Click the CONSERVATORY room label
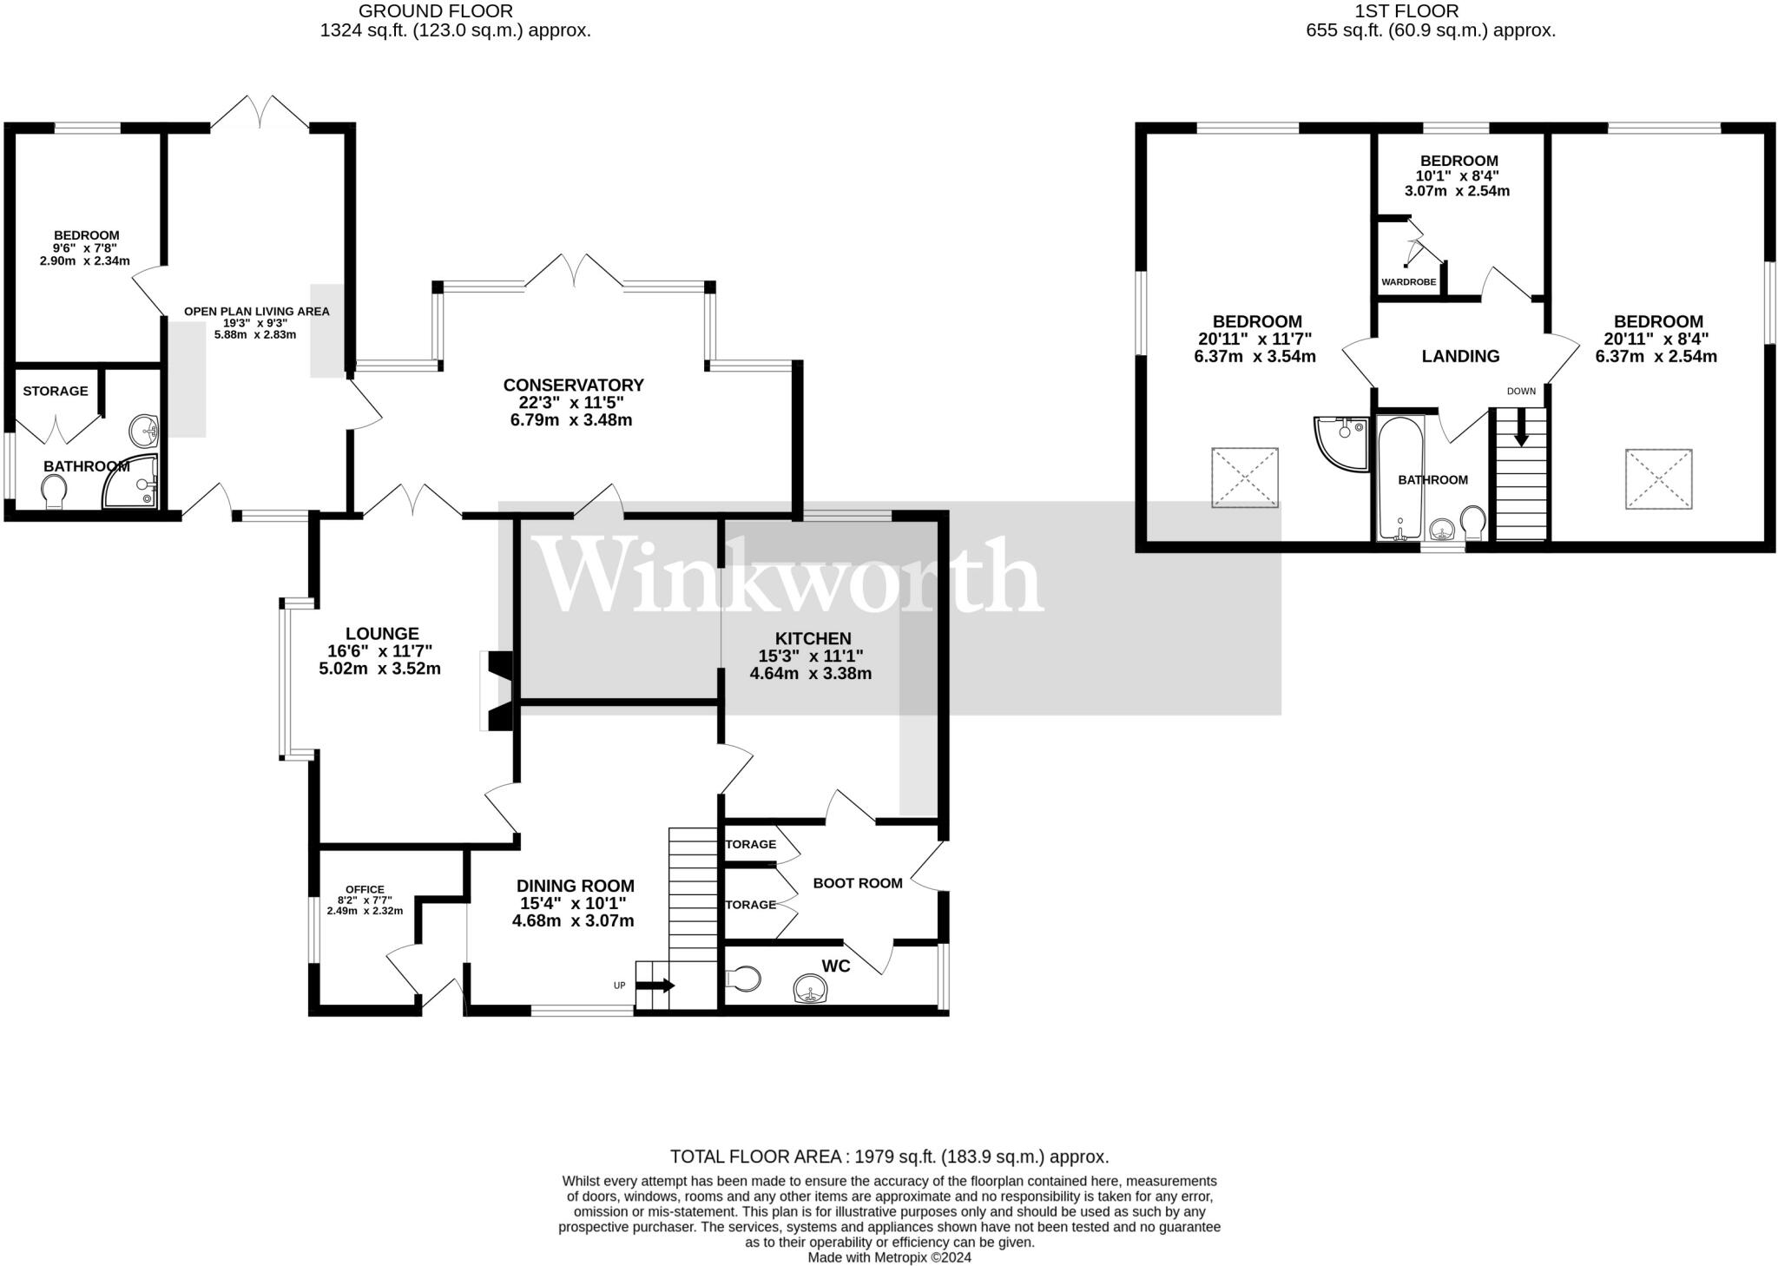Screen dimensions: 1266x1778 [x=573, y=385]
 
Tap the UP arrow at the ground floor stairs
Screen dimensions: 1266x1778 [x=655, y=986]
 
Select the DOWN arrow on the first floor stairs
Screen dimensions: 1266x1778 [x=1521, y=430]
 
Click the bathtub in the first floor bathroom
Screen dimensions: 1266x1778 [x=1399, y=478]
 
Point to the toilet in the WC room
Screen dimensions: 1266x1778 [x=743, y=979]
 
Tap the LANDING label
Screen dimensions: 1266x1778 [x=1460, y=356]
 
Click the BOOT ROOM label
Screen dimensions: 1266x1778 [x=857, y=883]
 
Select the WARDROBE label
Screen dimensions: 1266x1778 [x=1408, y=282]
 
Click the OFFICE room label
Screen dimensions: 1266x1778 [x=365, y=889]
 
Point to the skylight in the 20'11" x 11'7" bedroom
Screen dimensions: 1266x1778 [x=1245, y=478]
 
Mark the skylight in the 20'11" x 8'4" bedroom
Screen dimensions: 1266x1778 [x=1658, y=478]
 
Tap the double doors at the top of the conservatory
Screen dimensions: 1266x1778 [x=574, y=270]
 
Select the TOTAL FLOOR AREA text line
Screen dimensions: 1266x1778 [x=889, y=1157]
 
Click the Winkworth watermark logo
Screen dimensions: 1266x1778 [x=790, y=575]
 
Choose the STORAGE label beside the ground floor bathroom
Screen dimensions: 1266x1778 [x=56, y=391]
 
